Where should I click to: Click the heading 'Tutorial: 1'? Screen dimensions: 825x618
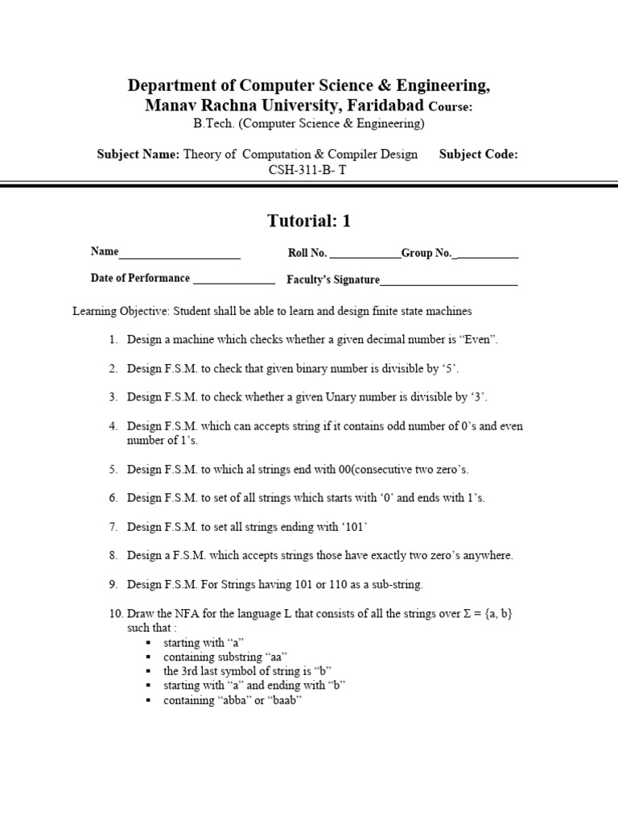pyautogui.click(x=309, y=221)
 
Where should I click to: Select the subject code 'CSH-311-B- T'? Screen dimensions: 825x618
pyautogui.click(x=309, y=170)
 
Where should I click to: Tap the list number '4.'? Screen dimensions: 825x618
pyautogui.click(x=113, y=426)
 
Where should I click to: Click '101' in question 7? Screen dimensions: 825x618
pyautogui.click(x=356, y=527)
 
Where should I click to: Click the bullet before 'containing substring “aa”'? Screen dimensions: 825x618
pyautogui.click(x=149, y=657)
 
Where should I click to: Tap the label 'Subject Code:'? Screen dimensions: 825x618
pyautogui.click(x=478, y=155)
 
